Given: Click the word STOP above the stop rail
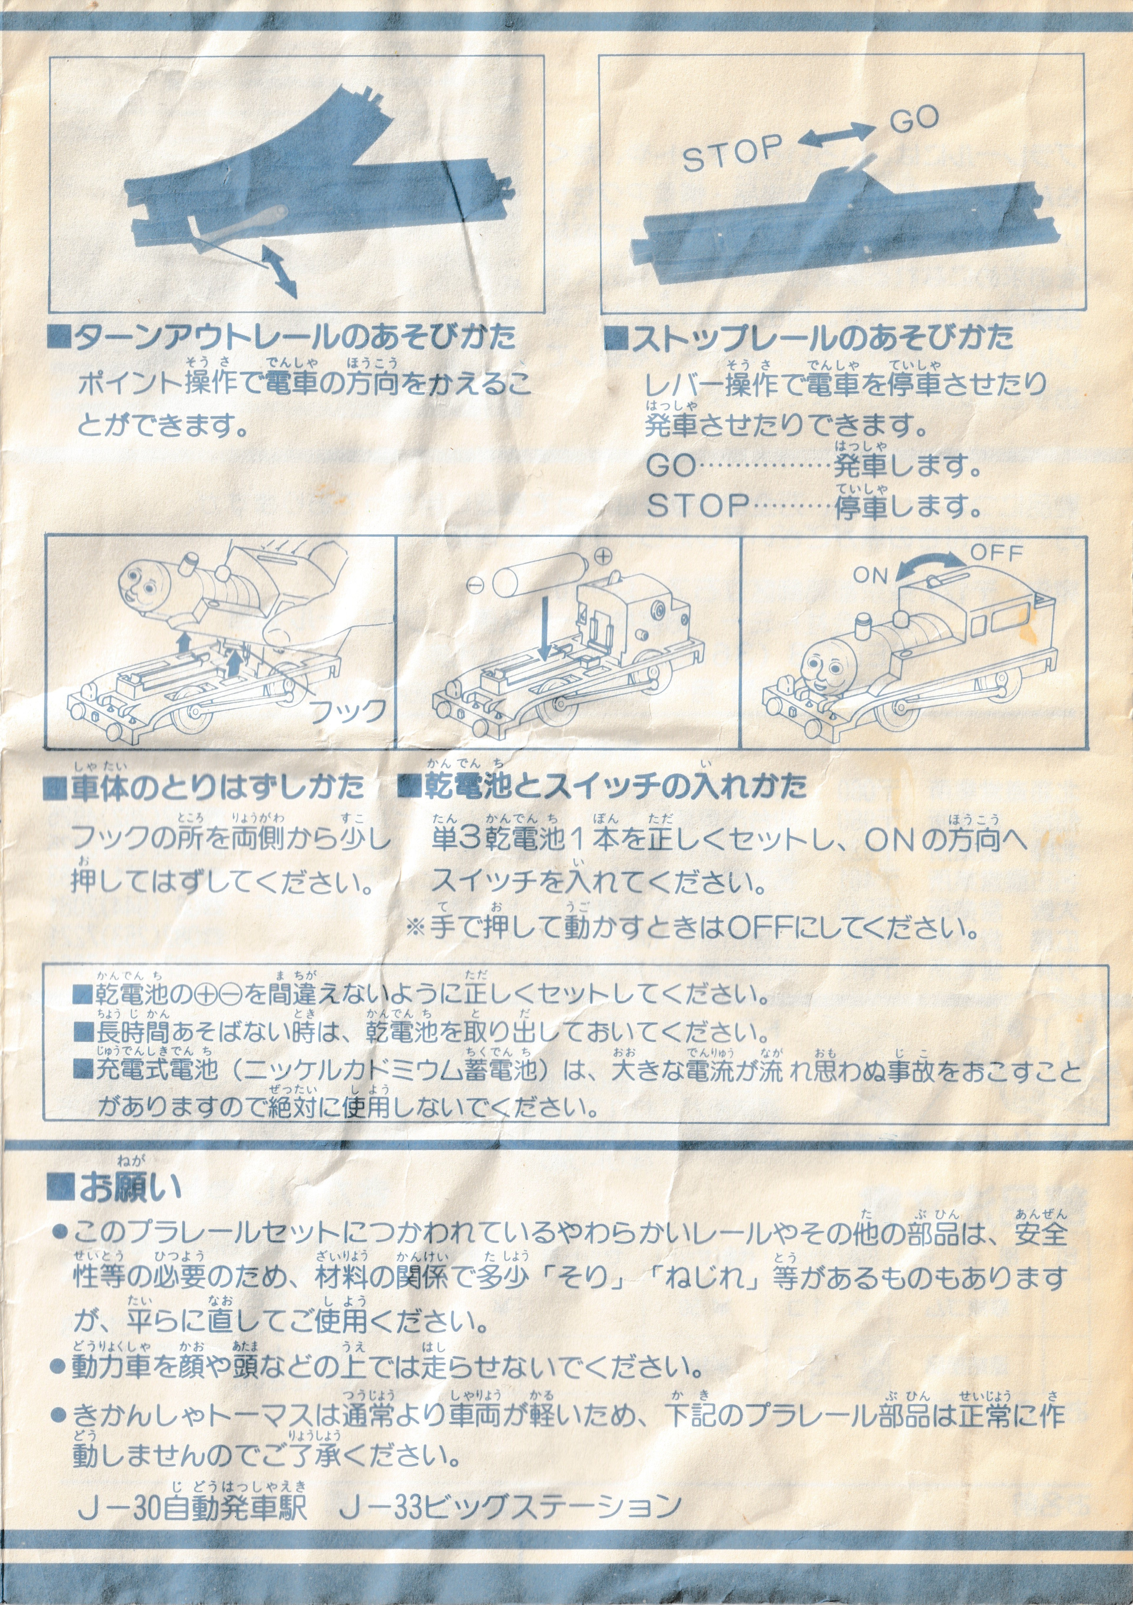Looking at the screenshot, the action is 732,153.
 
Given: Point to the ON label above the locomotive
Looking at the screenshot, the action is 870,576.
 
